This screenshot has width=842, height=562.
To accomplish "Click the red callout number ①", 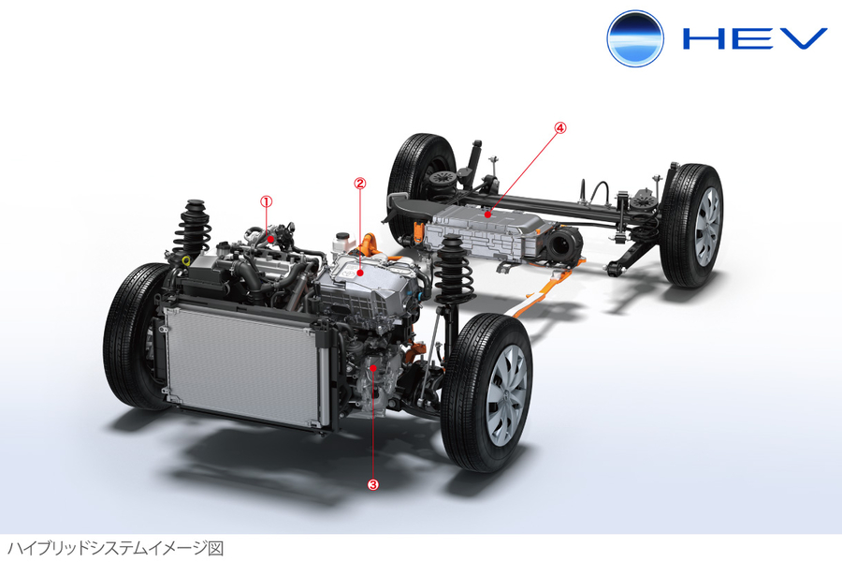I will tap(266, 200).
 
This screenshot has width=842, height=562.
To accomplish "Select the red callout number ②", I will tap(359, 182).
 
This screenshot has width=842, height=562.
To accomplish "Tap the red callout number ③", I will tap(373, 484).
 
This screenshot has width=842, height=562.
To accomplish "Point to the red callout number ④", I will tap(560, 127).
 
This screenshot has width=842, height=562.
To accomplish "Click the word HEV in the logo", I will tap(754, 38).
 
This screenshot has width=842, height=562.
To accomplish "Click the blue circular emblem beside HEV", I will tap(635, 38).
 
